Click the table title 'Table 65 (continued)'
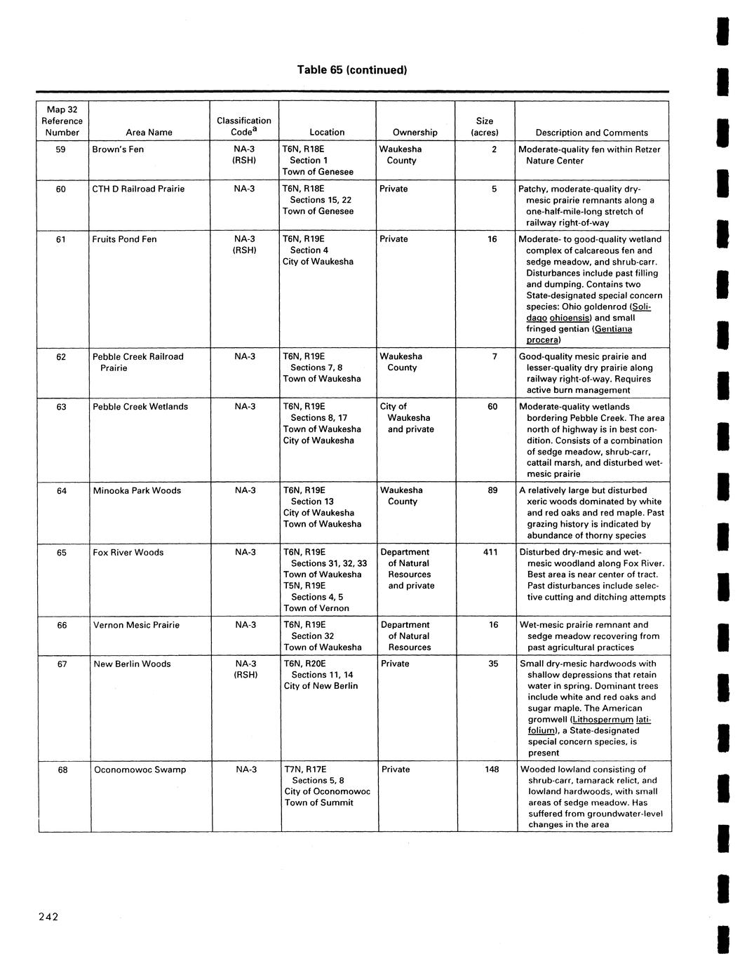point(351,70)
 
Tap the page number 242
point(48,917)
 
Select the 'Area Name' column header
point(149,132)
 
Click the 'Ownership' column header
point(415,132)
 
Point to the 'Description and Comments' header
point(591,133)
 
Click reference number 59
point(62,149)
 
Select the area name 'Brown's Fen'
point(118,149)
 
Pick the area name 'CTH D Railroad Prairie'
point(138,189)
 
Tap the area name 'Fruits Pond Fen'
point(124,239)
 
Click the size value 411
point(490,552)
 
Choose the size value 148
point(491,769)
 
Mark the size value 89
point(492,490)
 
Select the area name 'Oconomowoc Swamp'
point(140,769)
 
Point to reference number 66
point(62,625)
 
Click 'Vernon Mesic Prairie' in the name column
point(136,625)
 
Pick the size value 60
point(492,407)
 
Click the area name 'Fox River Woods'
point(128,552)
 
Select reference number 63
point(62,407)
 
